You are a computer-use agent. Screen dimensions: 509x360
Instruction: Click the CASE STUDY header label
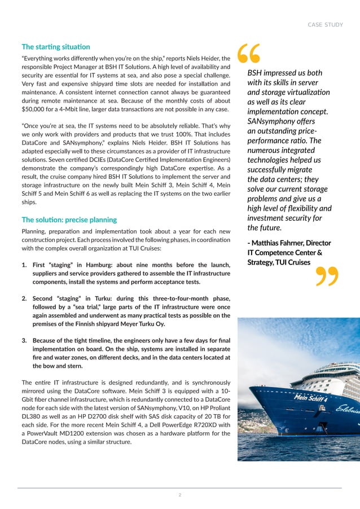pyautogui.click(x=324, y=24)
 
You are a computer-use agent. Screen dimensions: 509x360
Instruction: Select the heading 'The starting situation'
pyautogui.click(x=55, y=46)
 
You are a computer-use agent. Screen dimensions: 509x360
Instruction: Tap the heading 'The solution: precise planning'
pyautogui.click(x=69, y=220)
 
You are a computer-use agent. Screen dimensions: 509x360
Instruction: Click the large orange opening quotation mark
pyautogui.click(x=248, y=54)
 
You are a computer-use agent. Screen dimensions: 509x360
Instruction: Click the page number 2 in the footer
pyautogui.click(x=179, y=495)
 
